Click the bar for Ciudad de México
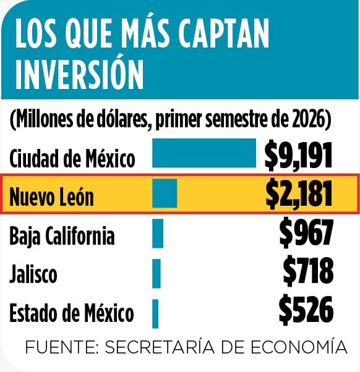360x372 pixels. tap(204, 153)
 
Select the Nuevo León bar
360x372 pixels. tap(165, 193)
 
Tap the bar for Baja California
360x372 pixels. tap(158, 234)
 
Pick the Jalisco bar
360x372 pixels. tap(156, 274)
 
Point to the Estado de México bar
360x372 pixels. tap(155, 314)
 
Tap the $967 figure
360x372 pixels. tap(306, 234)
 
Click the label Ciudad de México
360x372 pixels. tap(72, 158)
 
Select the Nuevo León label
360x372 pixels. tap(51, 197)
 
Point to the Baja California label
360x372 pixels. tap(62, 235)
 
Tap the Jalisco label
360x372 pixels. tap(33, 274)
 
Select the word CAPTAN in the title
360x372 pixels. tap(224, 33)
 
